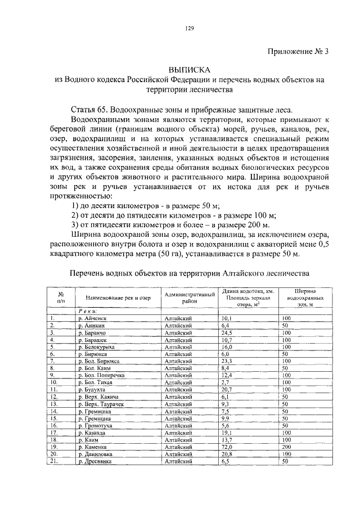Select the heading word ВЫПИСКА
coord(190,70)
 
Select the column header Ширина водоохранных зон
coord(304,298)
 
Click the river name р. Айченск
coord(96,318)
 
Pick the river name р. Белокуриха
coord(100,347)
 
